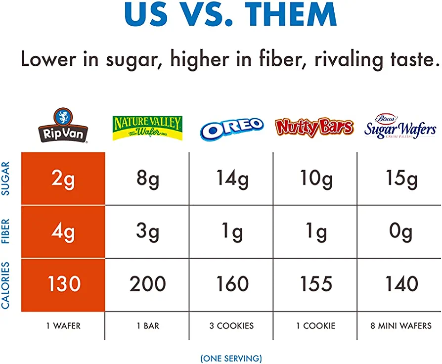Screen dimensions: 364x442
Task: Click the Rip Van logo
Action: coord(63,126)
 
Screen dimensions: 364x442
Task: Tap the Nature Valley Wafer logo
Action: coord(147,128)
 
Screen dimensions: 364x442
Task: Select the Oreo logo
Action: coord(231,128)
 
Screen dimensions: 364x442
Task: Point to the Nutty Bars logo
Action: coord(314,127)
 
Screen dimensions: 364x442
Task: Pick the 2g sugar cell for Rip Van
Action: coord(63,179)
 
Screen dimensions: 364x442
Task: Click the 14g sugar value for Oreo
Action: coord(231,179)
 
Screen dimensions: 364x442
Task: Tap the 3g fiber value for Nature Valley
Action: coord(147,231)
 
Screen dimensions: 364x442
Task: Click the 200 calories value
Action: coord(147,284)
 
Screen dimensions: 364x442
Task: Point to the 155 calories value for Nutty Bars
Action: coord(316,284)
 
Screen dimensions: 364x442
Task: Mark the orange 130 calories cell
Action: coord(63,284)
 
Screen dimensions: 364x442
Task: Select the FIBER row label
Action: coord(6,231)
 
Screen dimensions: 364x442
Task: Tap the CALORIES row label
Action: coord(6,285)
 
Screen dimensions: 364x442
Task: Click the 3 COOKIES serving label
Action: coord(231,326)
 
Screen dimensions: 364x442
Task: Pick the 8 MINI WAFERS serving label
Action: coord(400,326)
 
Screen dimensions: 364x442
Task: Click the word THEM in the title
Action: coord(284,14)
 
